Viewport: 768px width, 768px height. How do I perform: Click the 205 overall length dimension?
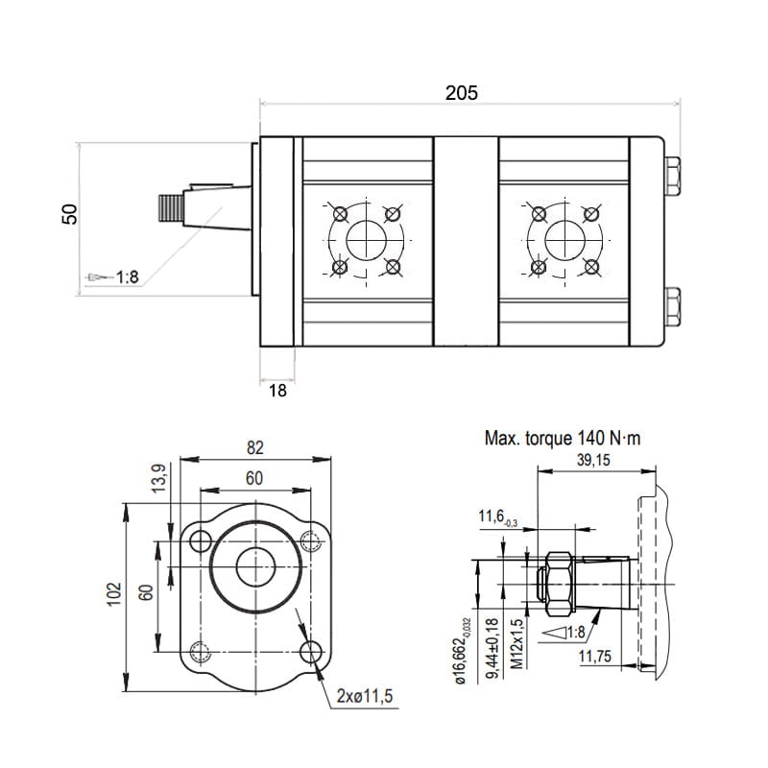click(x=461, y=92)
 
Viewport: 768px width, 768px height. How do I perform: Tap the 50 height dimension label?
click(x=69, y=214)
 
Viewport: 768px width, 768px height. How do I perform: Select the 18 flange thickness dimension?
click(x=277, y=391)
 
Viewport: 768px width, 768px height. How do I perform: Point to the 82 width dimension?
click(x=255, y=447)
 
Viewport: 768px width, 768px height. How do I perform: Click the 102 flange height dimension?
click(x=113, y=594)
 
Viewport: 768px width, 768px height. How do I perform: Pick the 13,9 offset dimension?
click(x=159, y=478)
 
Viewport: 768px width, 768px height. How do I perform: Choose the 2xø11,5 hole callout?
click(x=365, y=696)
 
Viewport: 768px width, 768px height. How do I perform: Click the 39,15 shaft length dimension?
click(x=593, y=460)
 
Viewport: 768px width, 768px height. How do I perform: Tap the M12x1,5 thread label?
click(x=517, y=644)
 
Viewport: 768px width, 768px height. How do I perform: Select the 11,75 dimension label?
click(x=595, y=657)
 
